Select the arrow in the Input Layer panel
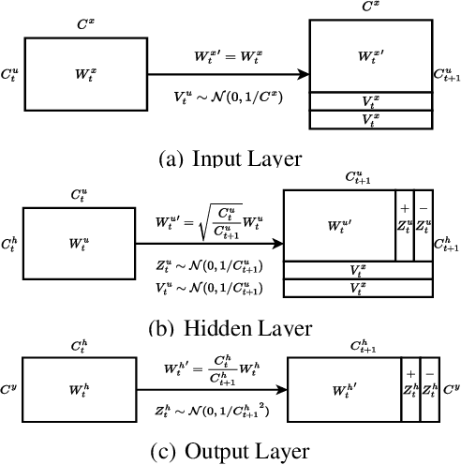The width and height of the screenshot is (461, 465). (225, 72)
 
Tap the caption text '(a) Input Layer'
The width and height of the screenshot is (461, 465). (233, 158)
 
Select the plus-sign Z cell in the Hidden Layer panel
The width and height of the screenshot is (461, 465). (405, 226)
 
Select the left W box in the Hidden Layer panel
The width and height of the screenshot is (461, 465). (79, 243)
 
